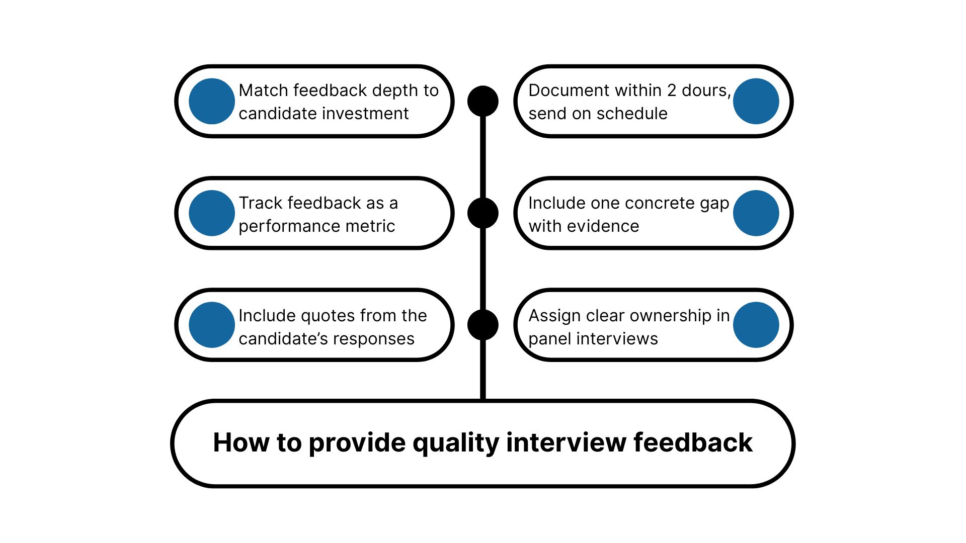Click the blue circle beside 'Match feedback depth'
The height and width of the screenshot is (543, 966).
click(x=212, y=101)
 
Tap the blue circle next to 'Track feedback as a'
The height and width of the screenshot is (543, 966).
click(x=212, y=213)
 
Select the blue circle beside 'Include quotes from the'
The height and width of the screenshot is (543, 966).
click(x=212, y=325)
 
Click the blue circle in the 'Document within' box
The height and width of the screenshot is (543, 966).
click(x=756, y=101)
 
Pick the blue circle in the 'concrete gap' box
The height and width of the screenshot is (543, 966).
click(x=756, y=213)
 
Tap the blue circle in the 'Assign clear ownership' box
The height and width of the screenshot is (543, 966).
click(x=756, y=325)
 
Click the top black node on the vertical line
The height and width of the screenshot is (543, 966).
click(x=483, y=101)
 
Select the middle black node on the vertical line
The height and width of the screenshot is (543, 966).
click(x=483, y=213)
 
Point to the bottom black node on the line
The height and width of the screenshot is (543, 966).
click(x=483, y=325)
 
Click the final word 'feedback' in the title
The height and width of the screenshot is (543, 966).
click(x=692, y=442)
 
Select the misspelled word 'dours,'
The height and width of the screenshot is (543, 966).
click(x=706, y=90)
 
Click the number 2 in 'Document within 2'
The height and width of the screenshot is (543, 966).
click(x=672, y=90)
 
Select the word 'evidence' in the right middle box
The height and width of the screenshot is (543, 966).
click(x=603, y=226)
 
